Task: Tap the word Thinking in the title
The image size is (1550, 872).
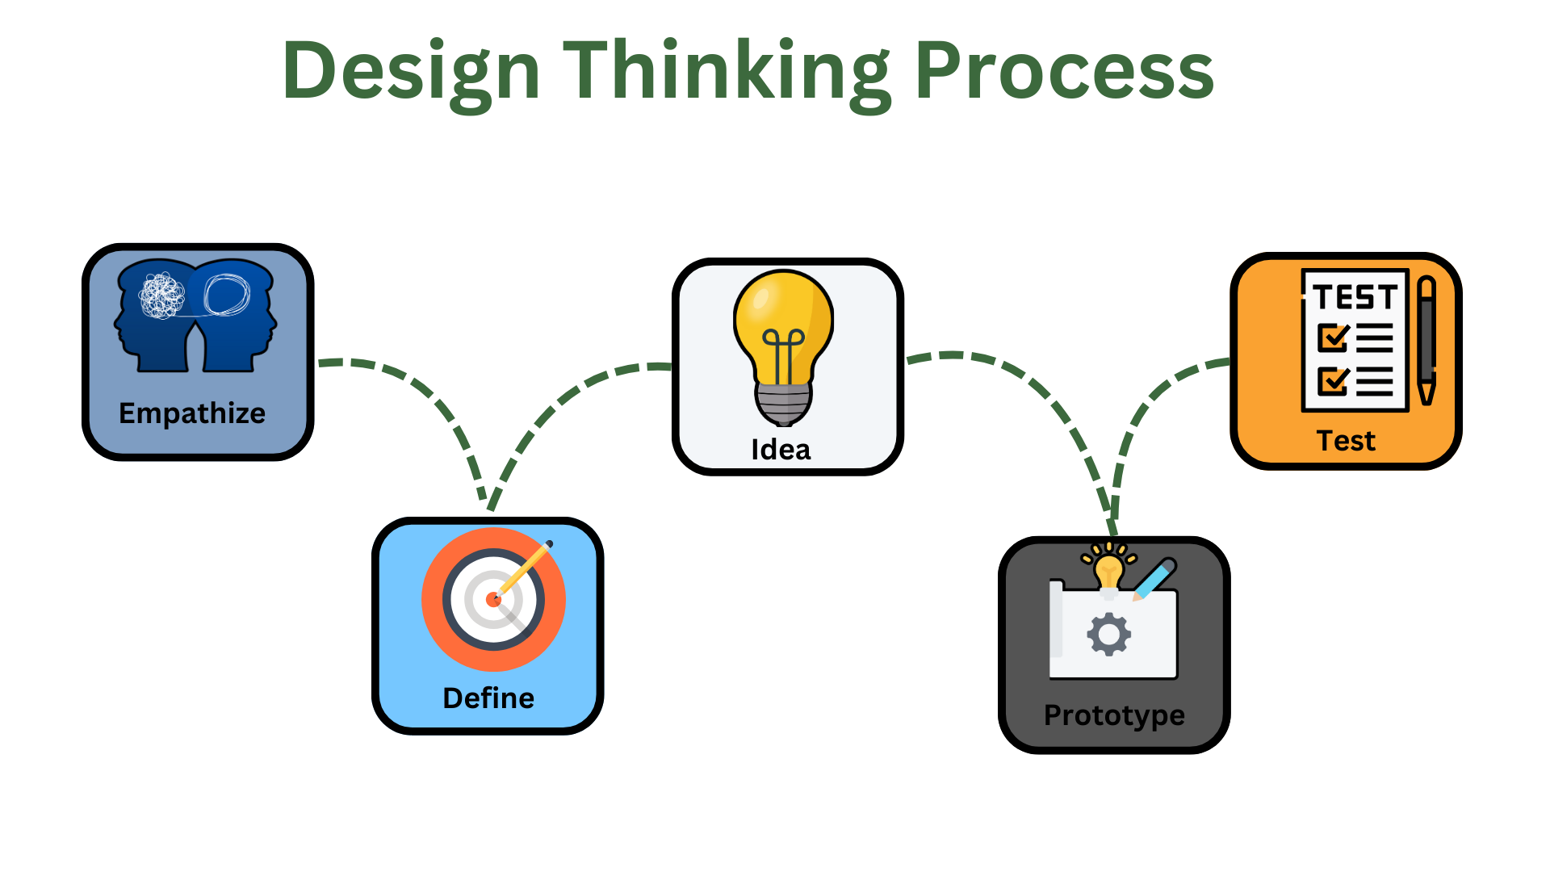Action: click(727, 73)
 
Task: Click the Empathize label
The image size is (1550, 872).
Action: click(192, 414)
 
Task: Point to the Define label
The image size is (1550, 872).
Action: click(488, 698)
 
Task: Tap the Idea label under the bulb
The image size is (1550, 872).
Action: click(781, 450)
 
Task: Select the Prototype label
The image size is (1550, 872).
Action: click(1114, 716)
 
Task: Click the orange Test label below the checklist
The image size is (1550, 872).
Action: click(1346, 441)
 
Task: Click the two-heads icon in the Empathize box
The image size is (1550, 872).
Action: click(195, 316)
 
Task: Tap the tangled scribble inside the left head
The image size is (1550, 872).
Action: click(162, 296)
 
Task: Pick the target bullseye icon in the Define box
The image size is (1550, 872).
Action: click(493, 599)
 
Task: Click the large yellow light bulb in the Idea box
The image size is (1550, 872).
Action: click(783, 348)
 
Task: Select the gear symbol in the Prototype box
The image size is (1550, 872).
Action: click(1109, 635)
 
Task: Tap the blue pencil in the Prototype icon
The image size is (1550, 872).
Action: click(1154, 579)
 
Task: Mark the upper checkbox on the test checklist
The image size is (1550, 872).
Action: click(1333, 337)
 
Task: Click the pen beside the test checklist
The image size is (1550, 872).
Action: click(1426, 340)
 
